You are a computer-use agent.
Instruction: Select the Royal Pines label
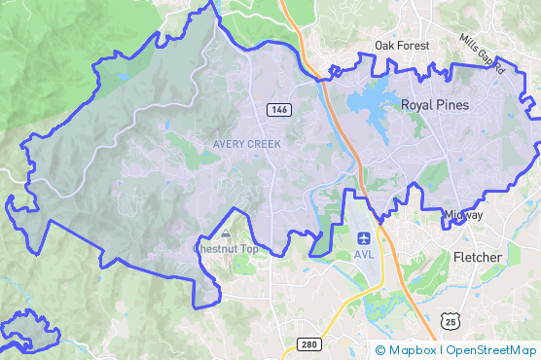434,105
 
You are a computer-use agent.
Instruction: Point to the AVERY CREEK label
247,144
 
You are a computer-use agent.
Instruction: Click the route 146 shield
278,110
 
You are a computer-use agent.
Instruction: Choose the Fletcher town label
478,257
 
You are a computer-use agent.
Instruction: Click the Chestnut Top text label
226,249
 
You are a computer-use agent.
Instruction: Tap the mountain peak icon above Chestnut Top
226,234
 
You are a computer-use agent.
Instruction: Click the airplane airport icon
364,237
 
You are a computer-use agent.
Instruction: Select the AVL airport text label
364,255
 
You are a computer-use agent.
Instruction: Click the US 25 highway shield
449,320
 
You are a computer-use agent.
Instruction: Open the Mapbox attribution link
412,349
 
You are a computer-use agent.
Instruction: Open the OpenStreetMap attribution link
489,349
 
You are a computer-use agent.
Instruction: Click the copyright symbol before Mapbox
380,349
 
